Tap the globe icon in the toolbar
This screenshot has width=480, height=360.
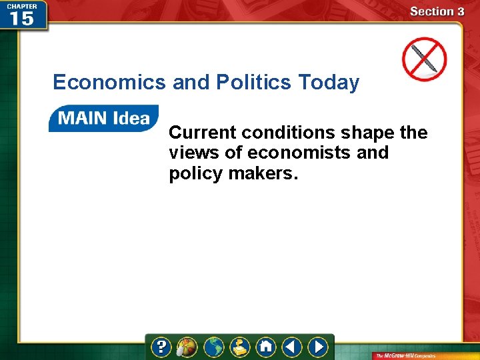point(213,347)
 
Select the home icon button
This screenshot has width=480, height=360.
point(266,347)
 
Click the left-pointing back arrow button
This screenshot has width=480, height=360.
point(291,347)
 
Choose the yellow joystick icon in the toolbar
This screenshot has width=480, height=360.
point(239,347)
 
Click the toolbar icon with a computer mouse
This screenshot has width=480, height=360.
point(187,347)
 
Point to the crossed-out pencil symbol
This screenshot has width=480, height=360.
point(424,58)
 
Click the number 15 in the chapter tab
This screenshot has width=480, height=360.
point(21,18)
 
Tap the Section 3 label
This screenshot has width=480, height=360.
point(437,11)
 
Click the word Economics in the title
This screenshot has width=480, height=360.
point(109,83)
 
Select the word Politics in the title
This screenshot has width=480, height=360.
point(254,83)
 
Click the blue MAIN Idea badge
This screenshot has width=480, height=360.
point(103,119)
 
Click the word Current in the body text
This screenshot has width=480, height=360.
point(203,133)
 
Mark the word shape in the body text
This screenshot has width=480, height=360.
point(366,133)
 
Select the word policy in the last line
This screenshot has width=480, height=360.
point(193,173)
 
